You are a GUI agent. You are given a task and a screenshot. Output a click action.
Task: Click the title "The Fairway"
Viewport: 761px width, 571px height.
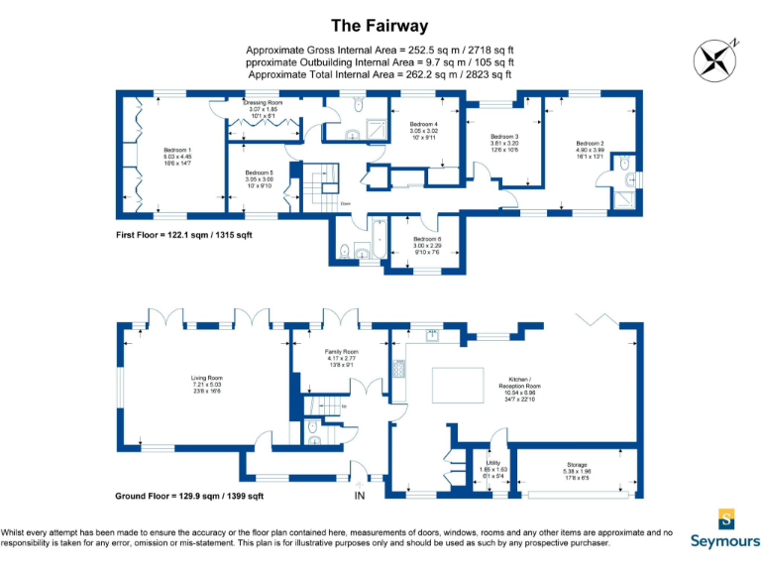380,24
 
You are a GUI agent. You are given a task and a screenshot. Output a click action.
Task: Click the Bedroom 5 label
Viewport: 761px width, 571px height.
259,177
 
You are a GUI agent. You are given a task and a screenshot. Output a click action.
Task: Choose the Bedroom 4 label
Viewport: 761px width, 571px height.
424,129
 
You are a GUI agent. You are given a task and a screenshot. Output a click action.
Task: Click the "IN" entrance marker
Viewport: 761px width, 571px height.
359,496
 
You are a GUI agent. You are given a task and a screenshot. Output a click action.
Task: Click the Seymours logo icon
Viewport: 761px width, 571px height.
727,519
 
